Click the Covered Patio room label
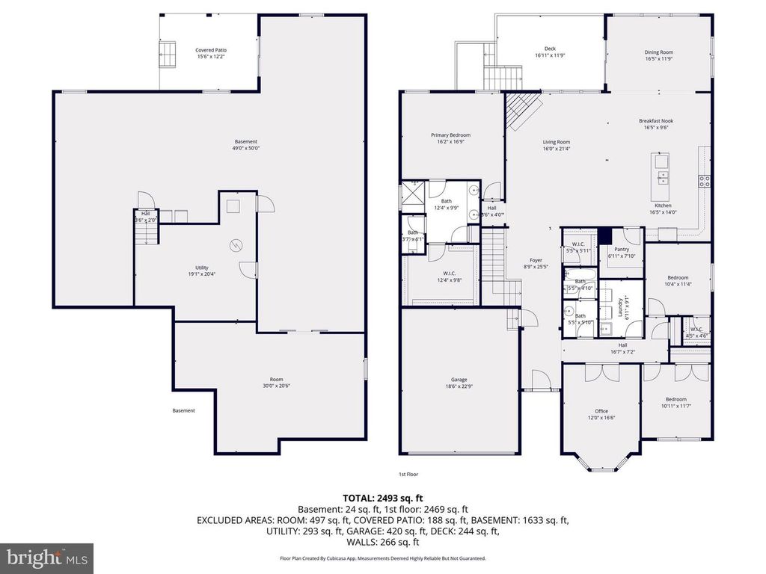211,50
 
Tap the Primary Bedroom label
450,135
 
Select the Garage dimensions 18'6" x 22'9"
459,386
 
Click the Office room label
601,411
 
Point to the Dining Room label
659,52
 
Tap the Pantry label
622,250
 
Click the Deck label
550,49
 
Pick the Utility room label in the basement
202,268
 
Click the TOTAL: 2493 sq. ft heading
382,497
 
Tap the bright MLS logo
46,558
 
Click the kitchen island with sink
662,170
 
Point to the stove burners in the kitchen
704,179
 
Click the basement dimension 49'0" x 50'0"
246,149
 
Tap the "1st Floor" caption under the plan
408,475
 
